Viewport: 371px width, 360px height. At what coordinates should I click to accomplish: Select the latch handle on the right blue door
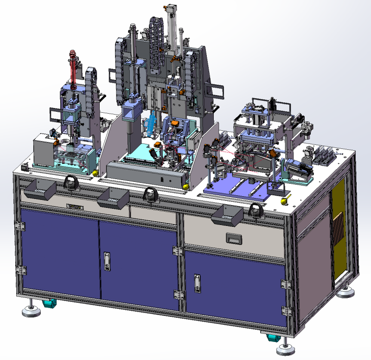click(197, 283)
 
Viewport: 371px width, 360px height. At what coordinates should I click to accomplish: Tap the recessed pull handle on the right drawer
click(233, 238)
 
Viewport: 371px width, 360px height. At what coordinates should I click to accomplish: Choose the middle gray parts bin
click(113, 198)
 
